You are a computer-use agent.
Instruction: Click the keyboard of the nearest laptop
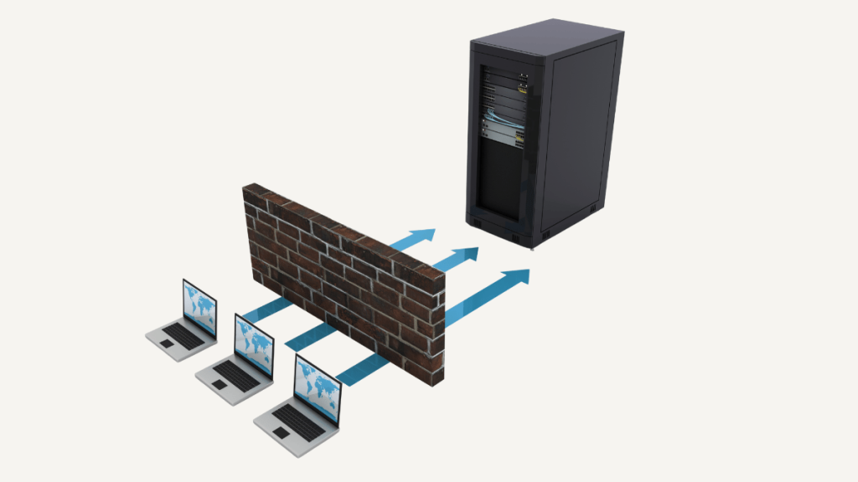pyautogui.click(x=299, y=422)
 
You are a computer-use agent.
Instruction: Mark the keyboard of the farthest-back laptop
pyautogui.click(x=185, y=335)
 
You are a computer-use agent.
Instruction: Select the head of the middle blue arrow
pyautogui.click(x=466, y=254)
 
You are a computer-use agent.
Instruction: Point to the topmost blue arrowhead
pyautogui.click(x=424, y=235)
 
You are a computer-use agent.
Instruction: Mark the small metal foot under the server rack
pyautogui.click(x=535, y=245)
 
